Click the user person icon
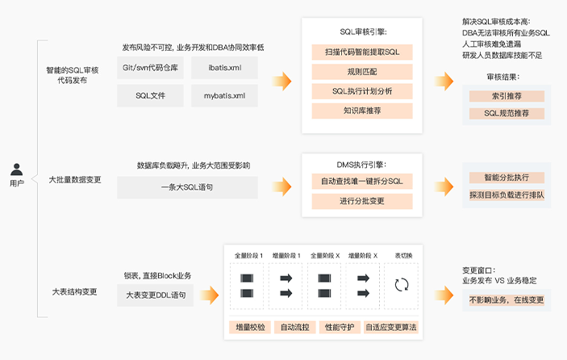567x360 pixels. click(16, 170)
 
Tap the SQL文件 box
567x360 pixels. click(150, 96)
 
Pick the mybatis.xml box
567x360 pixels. click(223, 96)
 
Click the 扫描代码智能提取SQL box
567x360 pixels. click(362, 52)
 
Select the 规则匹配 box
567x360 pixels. click(362, 72)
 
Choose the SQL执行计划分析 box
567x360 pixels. click(362, 91)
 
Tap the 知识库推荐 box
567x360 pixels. click(362, 111)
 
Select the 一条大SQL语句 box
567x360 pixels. click(187, 187)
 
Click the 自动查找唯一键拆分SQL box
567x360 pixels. click(362, 181)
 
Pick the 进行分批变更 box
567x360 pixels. click(362, 200)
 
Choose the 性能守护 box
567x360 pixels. click(337, 327)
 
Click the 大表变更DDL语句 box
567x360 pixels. click(156, 295)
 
